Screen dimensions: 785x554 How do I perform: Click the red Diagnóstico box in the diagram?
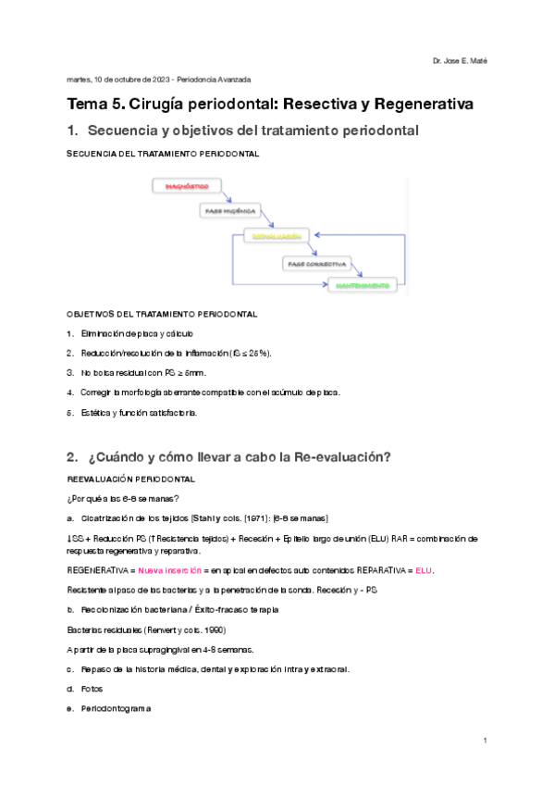(187, 186)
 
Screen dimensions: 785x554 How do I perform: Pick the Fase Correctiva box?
(314, 263)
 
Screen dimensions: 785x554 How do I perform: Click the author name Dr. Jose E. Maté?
(460, 61)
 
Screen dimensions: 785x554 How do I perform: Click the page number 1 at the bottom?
(485, 741)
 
